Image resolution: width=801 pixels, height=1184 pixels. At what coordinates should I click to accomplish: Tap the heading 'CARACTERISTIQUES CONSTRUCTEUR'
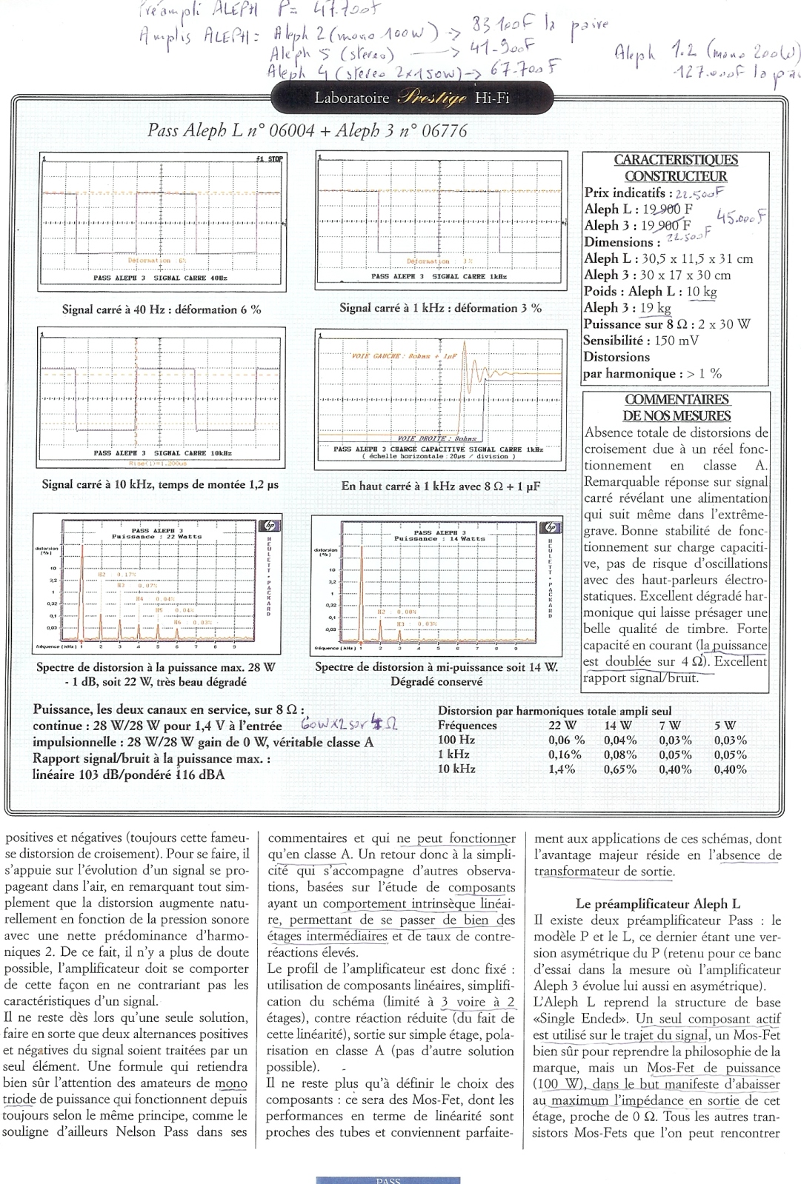click(675, 168)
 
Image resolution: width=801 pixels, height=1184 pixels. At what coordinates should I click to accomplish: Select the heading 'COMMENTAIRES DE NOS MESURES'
click(676, 407)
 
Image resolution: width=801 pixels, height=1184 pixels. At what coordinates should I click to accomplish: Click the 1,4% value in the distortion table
click(562, 769)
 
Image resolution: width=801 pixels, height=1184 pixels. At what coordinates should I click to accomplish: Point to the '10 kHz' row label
click(456, 769)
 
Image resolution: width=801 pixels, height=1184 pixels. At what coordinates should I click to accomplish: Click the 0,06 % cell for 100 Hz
click(566, 740)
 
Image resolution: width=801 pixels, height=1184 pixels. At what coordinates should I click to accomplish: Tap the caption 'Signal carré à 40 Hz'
click(162, 310)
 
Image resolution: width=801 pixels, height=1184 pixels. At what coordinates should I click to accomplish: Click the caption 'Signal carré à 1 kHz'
click(440, 308)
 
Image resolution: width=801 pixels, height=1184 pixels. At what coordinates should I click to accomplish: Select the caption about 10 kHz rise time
click(160, 485)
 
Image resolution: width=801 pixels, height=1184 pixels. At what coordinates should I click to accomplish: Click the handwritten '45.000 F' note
click(741, 217)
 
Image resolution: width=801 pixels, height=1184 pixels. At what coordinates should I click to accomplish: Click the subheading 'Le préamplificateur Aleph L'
click(658, 904)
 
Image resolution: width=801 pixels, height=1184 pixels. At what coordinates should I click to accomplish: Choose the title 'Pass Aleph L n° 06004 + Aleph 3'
click(308, 130)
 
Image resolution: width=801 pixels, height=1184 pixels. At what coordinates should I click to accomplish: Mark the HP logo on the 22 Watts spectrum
click(267, 527)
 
